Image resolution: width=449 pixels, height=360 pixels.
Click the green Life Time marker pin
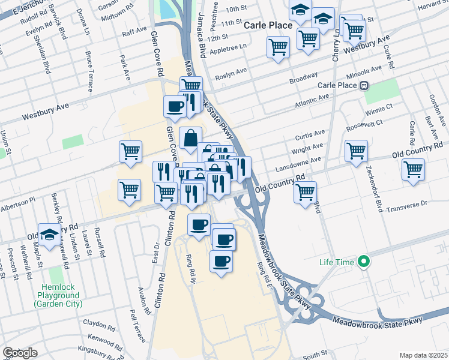[x=363, y=262]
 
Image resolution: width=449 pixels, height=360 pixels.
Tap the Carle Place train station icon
[x=364, y=85]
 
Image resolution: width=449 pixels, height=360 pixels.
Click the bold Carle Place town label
[x=268, y=25]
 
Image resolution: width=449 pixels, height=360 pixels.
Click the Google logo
[x=20, y=353]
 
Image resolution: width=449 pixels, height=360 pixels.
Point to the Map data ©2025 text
[x=423, y=355]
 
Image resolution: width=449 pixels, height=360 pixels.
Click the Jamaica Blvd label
[x=202, y=37]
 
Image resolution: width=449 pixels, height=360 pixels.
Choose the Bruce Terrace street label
[x=89, y=65]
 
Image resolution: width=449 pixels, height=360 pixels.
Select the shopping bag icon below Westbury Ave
[x=190, y=138]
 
